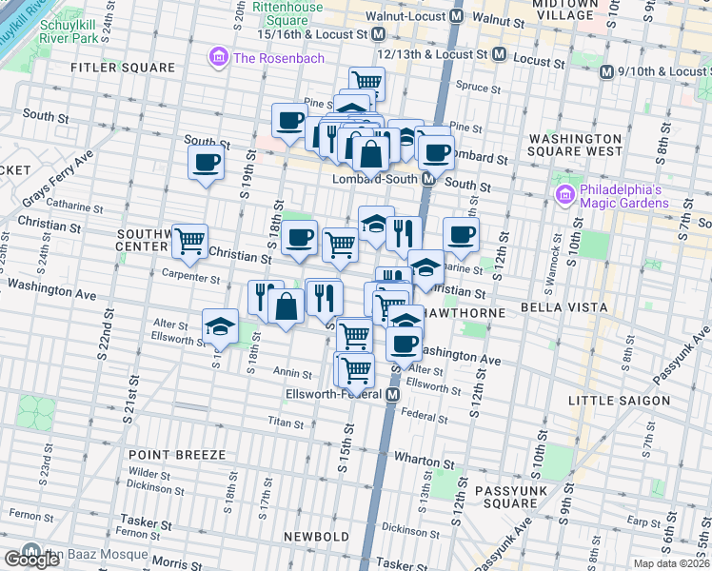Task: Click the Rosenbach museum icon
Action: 220,58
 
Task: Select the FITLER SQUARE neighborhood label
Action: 124,68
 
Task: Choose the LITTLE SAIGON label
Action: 619,401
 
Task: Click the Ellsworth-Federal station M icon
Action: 392,394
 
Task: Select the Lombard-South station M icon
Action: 429,179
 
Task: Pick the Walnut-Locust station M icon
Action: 457,16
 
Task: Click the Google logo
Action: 31,560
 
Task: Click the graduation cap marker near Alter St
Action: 220,325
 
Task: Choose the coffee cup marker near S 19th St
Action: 206,161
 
